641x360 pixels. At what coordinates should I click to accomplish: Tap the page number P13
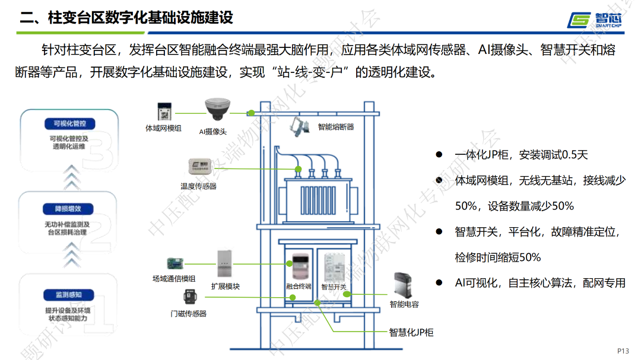[x=623, y=350]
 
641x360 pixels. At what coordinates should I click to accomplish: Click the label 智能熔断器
[x=336, y=127]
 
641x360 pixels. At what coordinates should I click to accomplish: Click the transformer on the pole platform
[x=320, y=190]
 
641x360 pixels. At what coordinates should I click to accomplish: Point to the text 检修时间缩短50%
[x=498, y=257]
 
